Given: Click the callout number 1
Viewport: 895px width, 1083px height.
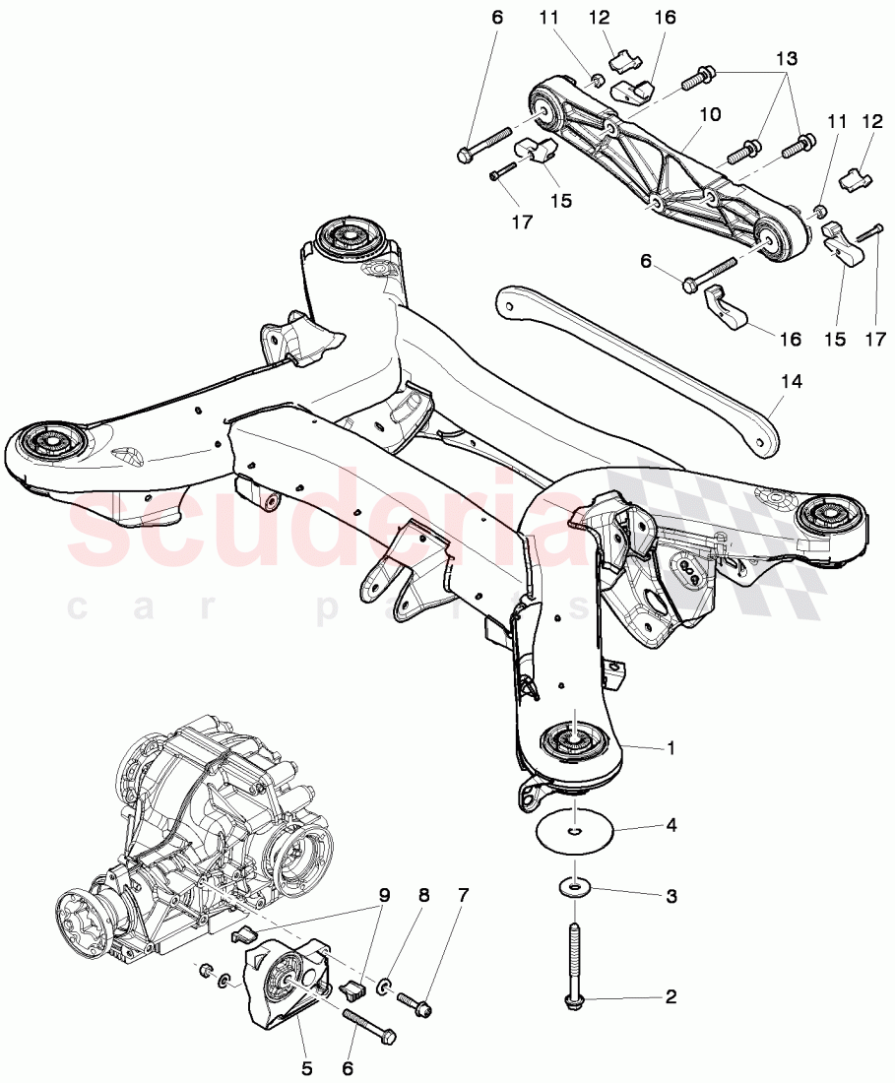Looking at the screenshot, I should [x=671, y=749].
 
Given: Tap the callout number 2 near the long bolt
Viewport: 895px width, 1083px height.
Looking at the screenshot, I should [x=671, y=998].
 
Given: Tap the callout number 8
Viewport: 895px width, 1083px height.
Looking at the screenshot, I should [x=424, y=897].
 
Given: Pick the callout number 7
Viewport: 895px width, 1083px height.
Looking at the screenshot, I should [x=462, y=897].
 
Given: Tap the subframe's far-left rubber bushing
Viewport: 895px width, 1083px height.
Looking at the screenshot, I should [x=47, y=440].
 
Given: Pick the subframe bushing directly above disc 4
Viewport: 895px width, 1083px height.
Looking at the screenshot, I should [x=572, y=739].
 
